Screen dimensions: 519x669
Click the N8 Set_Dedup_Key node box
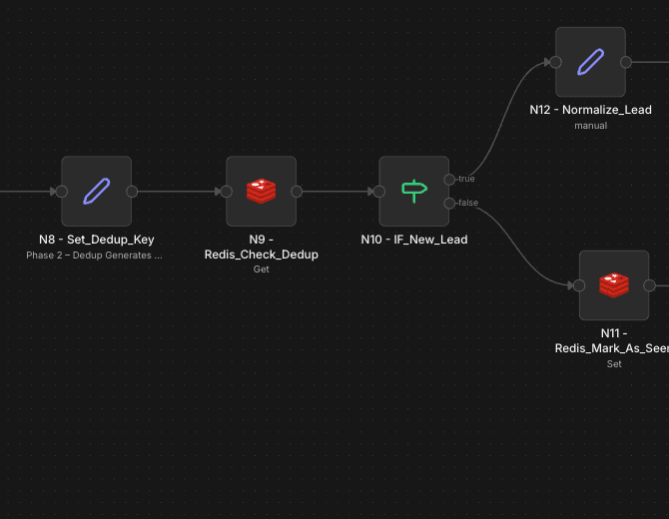[x=96, y=191]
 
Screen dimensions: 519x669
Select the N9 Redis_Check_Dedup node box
[x=261, y=191]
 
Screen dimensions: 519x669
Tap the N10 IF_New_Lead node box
[x=413, y=191]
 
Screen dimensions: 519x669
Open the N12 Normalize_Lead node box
[x=590, y=62]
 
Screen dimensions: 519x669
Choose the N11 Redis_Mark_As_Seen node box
[x=614, y=285]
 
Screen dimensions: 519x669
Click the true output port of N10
[x=449, y=180]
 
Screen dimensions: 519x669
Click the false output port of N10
[x=449, y=204]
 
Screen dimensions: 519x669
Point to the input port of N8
[x=61, y=192]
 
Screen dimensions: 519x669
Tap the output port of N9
[x=297, y=192]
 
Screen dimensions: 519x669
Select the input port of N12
[x=555, y=62]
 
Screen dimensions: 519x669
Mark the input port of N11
[x=579, y=285]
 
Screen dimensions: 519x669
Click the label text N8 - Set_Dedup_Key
[x=96, y=240]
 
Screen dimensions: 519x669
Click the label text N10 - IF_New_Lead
[x=413, y=240]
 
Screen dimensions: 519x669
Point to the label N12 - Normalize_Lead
[x=590, y=110]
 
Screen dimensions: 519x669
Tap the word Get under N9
[x=261, y=269]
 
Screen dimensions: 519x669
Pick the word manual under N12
[x=590, y=126]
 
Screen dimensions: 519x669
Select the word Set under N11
[x=614, y=364]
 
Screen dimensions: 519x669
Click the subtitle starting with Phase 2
[x=94, y=256]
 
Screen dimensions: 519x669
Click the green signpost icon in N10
[x=413, y=191]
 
